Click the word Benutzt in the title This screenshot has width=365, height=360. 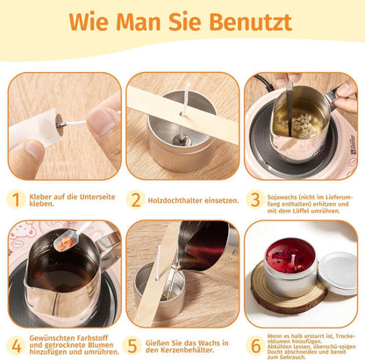[x=251, y=22]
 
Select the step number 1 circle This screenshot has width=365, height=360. [x=16, y=199]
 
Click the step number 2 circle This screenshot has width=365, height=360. [x=136, y=199]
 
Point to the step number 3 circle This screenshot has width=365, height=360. [x=255, y=199]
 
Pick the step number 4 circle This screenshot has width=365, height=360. [x=16, y=346]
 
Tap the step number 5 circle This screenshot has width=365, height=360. [x=132, y=346]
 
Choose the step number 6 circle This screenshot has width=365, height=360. [x=255, y=346]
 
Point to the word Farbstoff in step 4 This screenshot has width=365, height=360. [x=93, y=338]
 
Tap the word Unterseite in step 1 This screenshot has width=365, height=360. [x=97, y=197]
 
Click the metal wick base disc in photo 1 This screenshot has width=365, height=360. [x=60, y=125]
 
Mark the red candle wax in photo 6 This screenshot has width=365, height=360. [x=290, y=256]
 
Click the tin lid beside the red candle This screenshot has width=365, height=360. [x=338, y=273]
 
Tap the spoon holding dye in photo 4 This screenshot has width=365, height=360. [x=71, y=236]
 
